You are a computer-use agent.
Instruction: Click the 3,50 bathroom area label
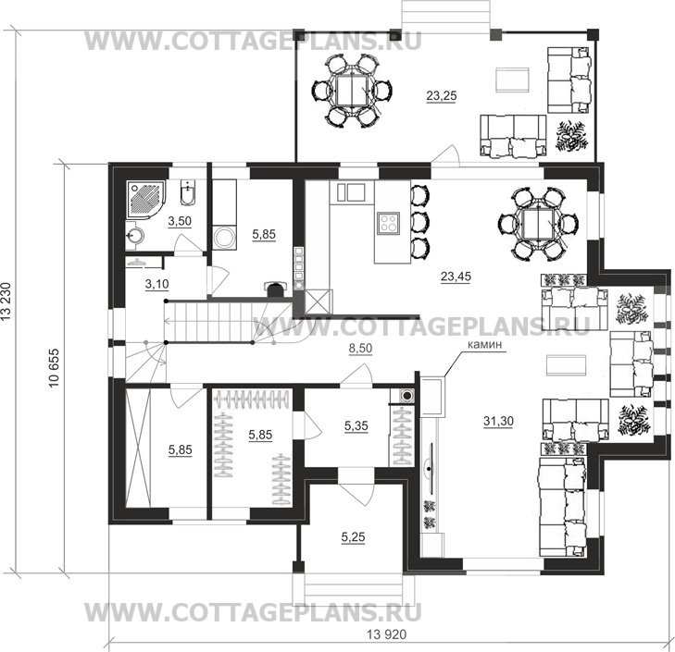click(x=179, y=222)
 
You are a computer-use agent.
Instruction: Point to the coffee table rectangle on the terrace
click(x=509, y=80)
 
